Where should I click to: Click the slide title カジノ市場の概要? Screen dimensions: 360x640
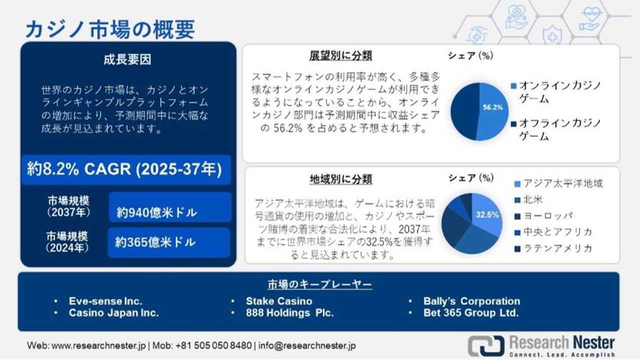[x=110, y=29]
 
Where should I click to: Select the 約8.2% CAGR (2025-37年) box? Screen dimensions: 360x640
[x=125, y=170]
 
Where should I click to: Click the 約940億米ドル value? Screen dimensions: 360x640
[x=156, y=212]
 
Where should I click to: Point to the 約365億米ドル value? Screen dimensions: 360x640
[x=155, y=242]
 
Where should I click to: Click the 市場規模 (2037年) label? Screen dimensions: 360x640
[x=68, y=206]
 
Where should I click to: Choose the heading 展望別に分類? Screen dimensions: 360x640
[x=340, y=55]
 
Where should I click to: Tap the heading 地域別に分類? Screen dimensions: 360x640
[x=340, y=179]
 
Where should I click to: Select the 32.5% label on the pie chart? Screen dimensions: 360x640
[x=487, y=215]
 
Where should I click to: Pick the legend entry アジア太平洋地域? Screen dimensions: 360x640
[x=562, y=183]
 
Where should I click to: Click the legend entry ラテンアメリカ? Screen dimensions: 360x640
[x=557, y=248]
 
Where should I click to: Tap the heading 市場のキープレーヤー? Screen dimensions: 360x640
[x=319, y=285]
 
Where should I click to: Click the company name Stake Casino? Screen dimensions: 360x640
[x=279, y=301]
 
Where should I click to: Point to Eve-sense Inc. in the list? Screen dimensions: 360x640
[x=105, y=301]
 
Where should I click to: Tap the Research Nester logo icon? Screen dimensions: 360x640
[x=485, y=346]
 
